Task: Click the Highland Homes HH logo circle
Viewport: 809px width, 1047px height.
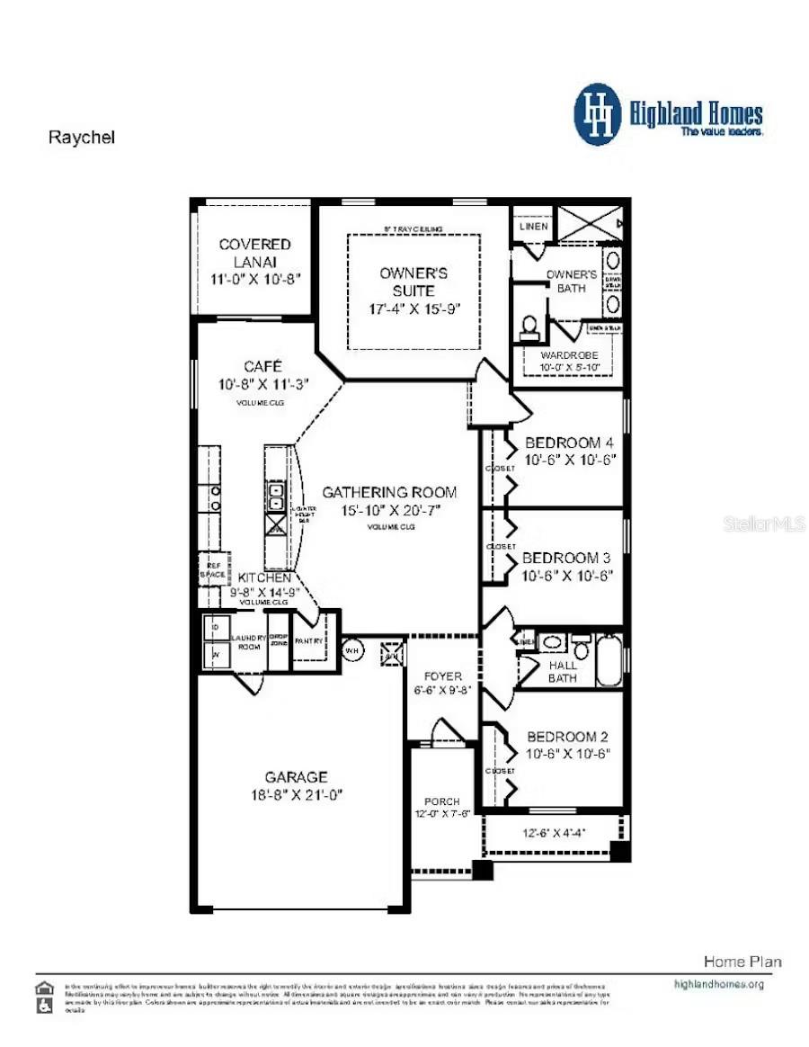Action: point(598,114)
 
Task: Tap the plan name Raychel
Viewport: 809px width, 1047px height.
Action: point(81,138)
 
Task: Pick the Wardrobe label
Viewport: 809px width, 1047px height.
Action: point(568,355)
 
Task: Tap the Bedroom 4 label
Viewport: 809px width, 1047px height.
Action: point(568,443)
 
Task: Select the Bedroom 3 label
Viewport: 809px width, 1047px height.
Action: point(566,558)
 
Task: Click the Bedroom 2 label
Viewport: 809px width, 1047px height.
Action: point(568,736)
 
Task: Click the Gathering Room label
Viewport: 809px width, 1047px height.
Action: point(389,492)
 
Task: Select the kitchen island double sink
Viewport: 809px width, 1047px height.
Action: point(275,496)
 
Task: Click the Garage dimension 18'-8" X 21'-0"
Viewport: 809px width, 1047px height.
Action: point(297,794)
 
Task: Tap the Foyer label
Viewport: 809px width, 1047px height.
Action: point(443,676)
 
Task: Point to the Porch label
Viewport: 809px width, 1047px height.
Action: point(442,801)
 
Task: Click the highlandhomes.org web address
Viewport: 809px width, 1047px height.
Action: point(718,983)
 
